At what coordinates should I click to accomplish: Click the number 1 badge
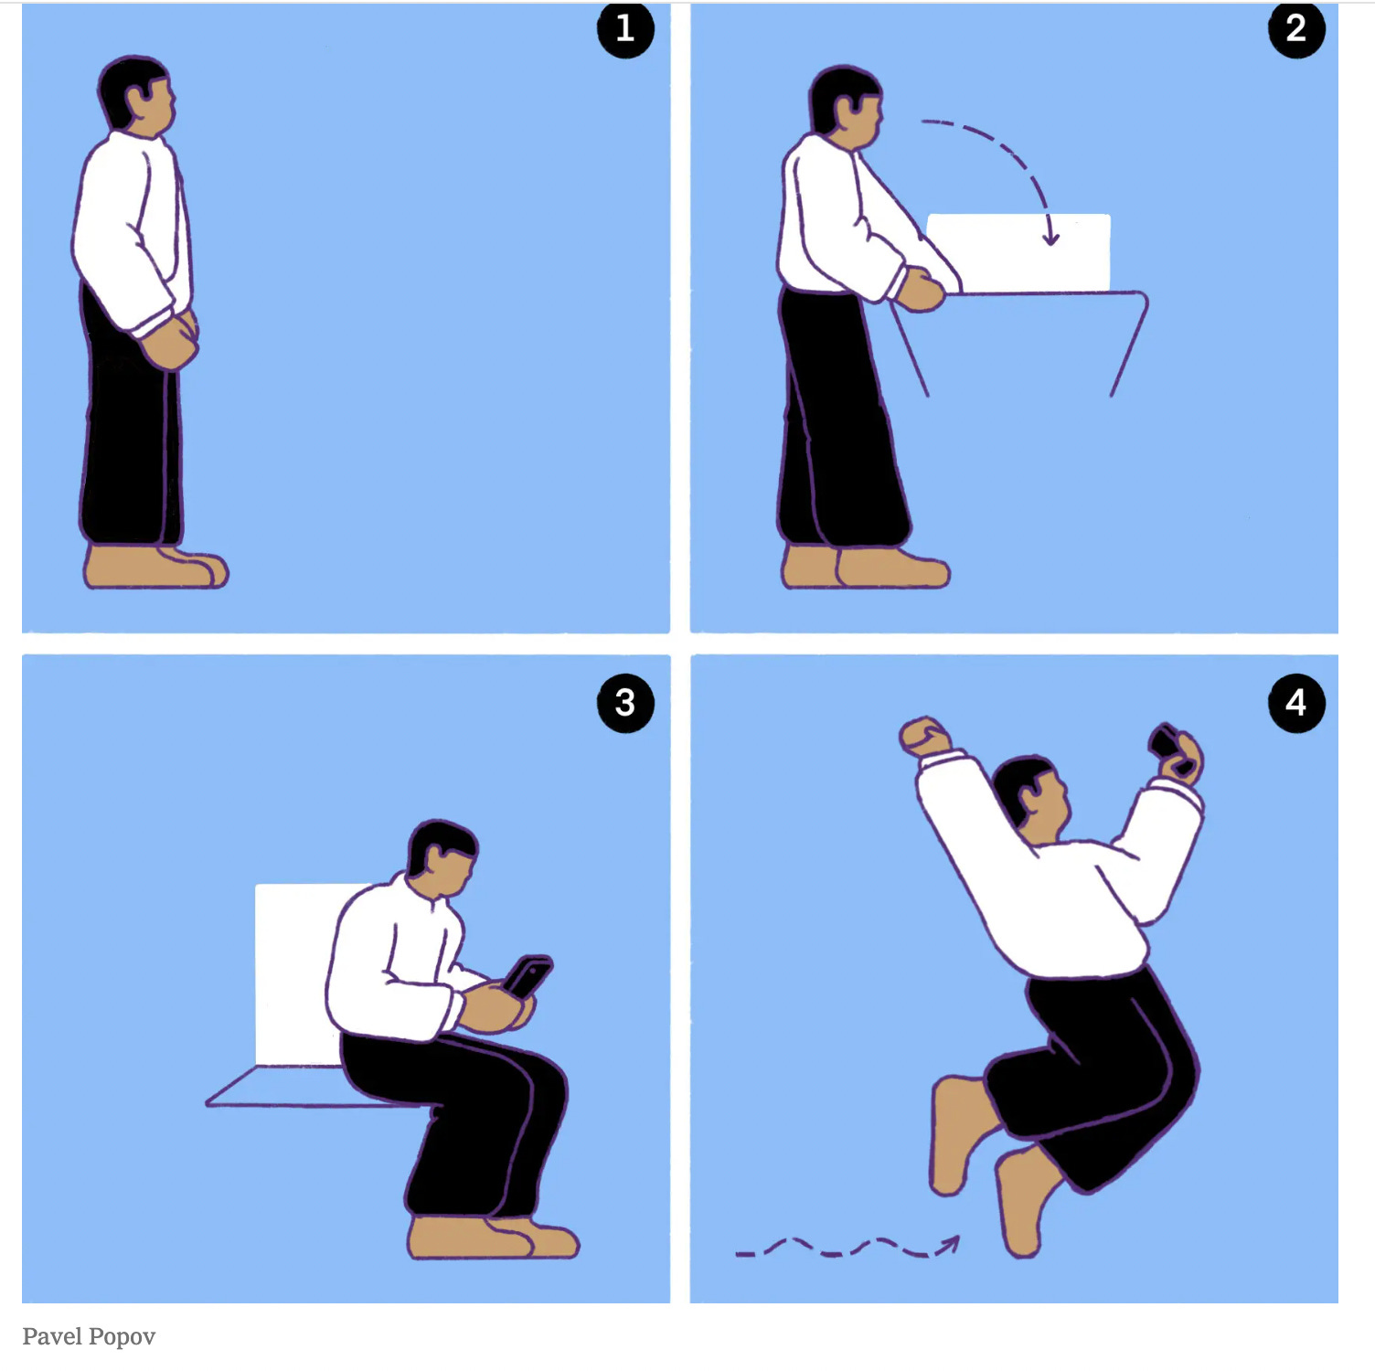(625, 29)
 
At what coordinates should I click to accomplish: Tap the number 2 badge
(1296, 29)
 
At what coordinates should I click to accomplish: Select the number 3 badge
(625, 703)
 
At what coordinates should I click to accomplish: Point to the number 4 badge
(1296, 703)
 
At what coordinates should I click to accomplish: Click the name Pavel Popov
(89, 1337)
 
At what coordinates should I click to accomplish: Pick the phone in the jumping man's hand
(1167, 741)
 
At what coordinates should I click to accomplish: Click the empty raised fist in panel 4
(923, 736)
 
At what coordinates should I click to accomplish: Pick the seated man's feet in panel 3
(493, 1237)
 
